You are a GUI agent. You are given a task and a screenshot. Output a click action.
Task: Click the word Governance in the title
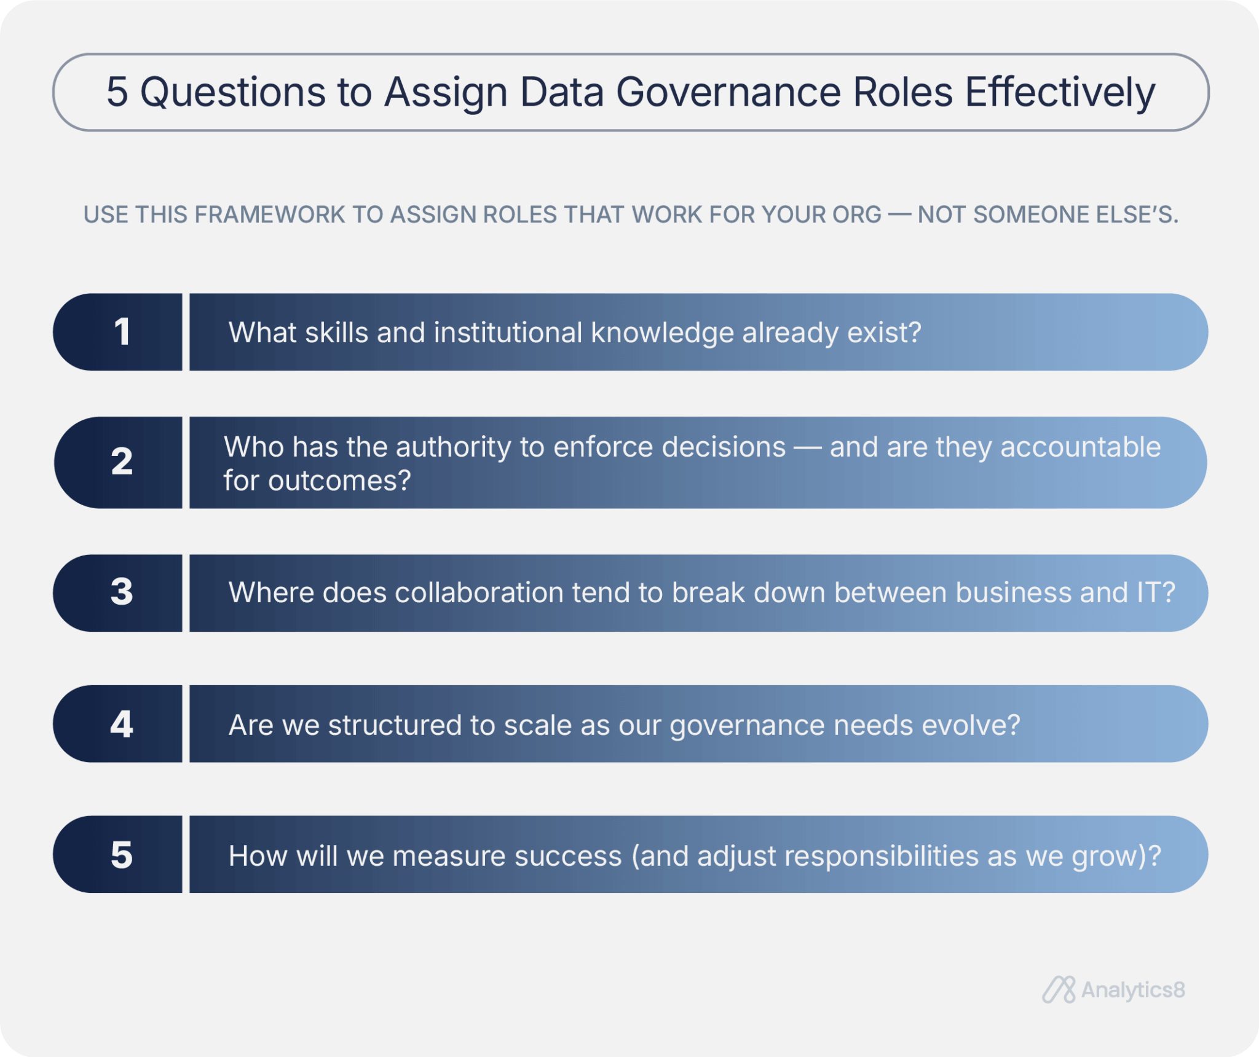click(728, 92)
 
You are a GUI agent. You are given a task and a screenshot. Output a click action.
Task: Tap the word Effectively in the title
click(1060, 92)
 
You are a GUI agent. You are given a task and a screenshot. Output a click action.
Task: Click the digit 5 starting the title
click(117, 92)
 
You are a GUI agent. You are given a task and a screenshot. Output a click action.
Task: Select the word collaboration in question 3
click(479, 593)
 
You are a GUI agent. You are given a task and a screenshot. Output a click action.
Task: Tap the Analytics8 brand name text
click(1132, 990)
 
